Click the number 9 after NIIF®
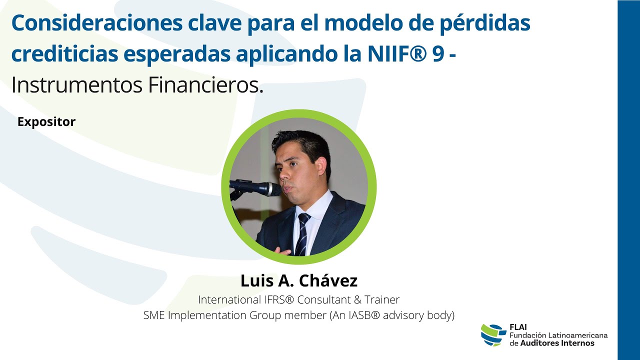point(438,54)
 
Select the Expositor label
point(46,121)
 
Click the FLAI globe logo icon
point(493,334)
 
